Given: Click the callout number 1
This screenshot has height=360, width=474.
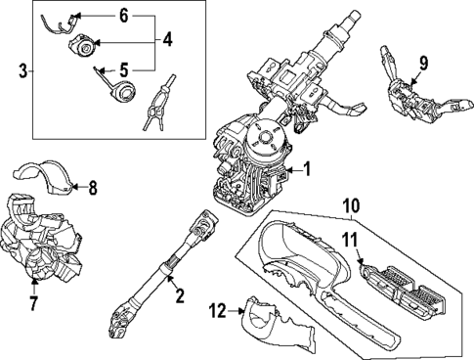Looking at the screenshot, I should point(306,169).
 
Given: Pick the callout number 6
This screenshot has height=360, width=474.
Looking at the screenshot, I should point(123,16).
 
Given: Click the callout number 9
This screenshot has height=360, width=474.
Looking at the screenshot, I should point(423,66).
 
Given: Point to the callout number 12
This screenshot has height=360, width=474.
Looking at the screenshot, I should point(218,311).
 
